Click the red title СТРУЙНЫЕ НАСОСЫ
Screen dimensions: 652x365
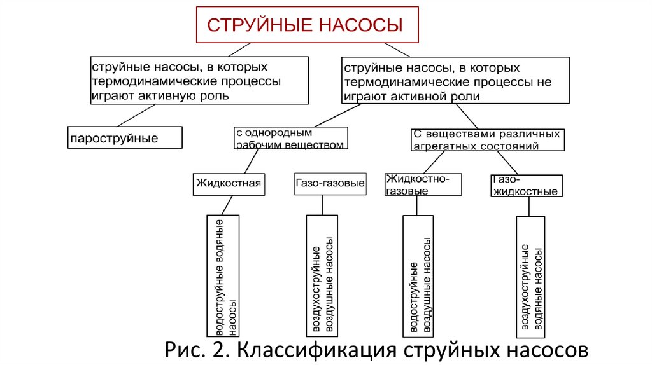[x=305, y=25]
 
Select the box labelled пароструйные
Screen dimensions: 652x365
[x=125, y=137]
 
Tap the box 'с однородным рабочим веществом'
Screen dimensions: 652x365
[x=290, y=138]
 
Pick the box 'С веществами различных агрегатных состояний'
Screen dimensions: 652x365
[x=487, y=140]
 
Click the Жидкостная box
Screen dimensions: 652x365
[x=229, y=184]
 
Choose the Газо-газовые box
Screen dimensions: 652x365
[x=330, y=184]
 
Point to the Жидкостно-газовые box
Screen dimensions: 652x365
[x=423, y=184]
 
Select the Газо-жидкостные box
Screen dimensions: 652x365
[x=527, y=186]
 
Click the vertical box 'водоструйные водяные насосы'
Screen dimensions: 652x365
[x=223, y=276]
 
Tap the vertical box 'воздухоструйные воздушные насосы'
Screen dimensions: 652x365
[x=322, y=276]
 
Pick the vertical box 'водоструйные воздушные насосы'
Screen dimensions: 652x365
[x=418, y=276]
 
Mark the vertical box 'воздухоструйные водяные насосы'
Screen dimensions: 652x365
[x=530, y=277]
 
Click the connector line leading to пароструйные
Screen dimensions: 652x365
[x=136, y=116]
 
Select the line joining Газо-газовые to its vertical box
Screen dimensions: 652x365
[x=322, y=205]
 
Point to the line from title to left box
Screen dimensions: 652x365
[x=239, y=50]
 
